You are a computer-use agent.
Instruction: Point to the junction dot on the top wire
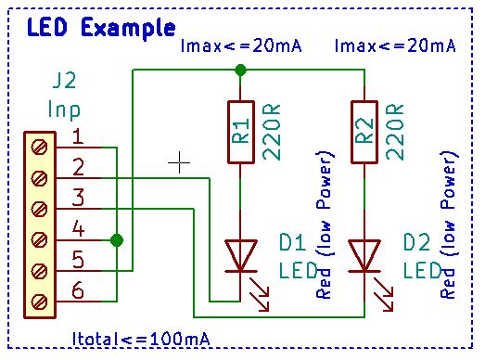(x=240, y=70)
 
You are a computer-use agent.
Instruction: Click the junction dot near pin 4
(x=116, y=240)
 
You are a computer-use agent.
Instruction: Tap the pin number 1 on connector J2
(x=78, y=138)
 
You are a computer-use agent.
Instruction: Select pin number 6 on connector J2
(x=78, y=291)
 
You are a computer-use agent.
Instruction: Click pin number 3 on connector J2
(x=78, y=199)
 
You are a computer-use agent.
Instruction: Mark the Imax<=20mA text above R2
(x=394, y=45)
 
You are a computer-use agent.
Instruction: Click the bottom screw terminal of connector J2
(x=39, y=301)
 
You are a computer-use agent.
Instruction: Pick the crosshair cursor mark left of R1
(x=179, y=162)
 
